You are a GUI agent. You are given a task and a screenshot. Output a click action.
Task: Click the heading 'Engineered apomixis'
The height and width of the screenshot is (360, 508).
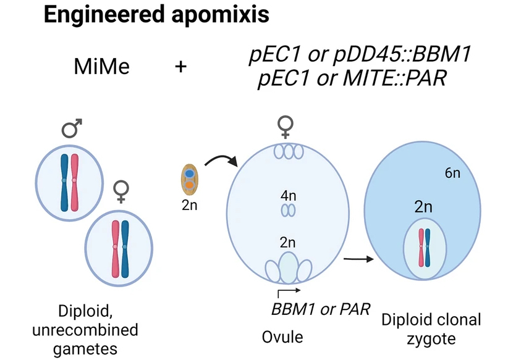(x=156, y=15)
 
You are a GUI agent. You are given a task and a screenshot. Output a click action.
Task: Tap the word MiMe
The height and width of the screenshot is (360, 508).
(x=102, y=66)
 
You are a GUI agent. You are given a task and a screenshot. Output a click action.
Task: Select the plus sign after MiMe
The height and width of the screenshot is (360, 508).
(x=181, y=66)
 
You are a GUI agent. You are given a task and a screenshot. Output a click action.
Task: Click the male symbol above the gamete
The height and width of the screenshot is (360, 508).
(x=72, y=129)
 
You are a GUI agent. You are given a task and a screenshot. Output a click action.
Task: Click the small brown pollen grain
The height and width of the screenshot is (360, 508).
(x=189, y=179)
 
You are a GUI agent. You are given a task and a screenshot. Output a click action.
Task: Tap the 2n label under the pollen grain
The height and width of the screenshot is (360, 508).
(x=189, y=206)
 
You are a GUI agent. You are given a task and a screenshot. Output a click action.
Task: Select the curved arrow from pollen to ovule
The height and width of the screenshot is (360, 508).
(x=220, y=163)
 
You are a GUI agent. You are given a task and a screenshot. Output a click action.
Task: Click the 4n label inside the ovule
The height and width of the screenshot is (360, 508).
(x=289, y=196)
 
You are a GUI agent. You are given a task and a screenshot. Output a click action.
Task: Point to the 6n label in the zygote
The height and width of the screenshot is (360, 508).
(x=452, y=174)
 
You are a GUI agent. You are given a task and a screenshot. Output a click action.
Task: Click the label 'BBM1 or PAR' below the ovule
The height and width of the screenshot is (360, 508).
(x=320, y=308)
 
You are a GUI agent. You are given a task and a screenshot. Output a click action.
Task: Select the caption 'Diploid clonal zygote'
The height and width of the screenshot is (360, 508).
(x=431, y=329)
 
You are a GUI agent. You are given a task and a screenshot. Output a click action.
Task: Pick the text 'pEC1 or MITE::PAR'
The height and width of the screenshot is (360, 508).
(x=352, y=79)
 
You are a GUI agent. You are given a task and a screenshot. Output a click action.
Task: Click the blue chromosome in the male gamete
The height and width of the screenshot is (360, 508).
(x=64, y=179)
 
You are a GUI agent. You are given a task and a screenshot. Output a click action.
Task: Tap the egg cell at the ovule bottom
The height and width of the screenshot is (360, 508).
(x=288, y=267)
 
